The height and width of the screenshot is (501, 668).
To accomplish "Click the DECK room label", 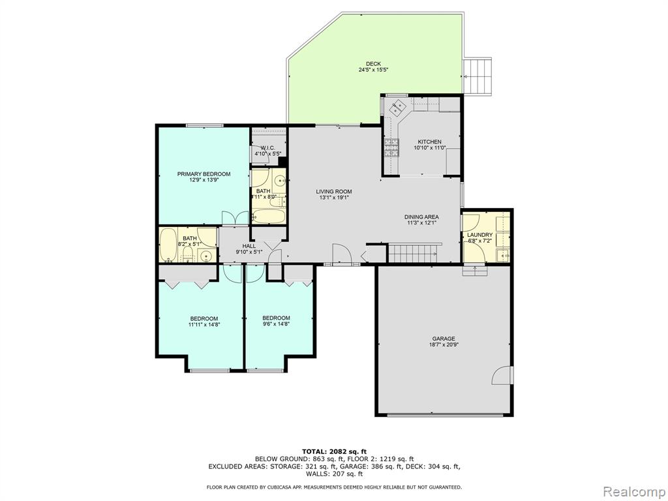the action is click(373, 64).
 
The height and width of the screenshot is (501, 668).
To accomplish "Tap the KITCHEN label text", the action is click(429, 142).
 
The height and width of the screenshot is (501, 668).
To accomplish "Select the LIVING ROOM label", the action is click(334, 192).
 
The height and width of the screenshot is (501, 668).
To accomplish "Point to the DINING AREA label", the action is click(421, 217).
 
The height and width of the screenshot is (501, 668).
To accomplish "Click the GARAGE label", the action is click(444, 339).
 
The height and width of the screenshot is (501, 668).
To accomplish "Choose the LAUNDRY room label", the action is click(479, 235).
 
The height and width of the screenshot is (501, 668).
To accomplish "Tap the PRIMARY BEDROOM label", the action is click(204, 174).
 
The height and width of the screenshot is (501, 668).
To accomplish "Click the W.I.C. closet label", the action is click(267, 148).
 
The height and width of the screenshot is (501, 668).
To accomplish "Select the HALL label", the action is click(249, 246).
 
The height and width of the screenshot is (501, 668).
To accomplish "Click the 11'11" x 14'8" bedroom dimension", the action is click(204, 325).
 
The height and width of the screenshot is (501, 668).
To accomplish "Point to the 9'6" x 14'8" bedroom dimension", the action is click(276, 324).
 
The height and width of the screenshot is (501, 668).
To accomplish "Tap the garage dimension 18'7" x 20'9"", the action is click(444, 345).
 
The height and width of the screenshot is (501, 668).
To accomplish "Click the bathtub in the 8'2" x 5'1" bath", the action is click(168, 245).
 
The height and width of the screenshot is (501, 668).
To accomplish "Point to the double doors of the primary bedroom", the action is click(235, 218).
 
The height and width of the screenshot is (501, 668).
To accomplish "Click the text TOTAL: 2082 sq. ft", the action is click(334, 451).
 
